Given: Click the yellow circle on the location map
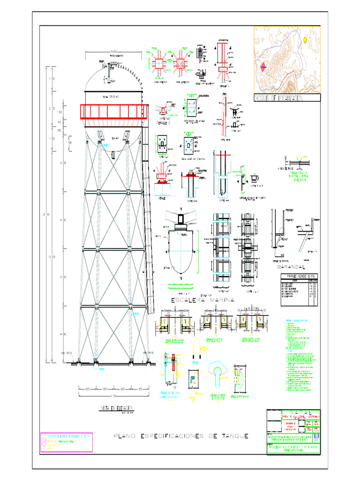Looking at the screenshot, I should (305, 40).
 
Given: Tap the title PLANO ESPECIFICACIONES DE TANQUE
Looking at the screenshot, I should (181, 436).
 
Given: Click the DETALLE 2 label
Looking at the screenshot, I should (164, 123).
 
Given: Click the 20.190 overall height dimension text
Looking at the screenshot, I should (45, 215).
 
